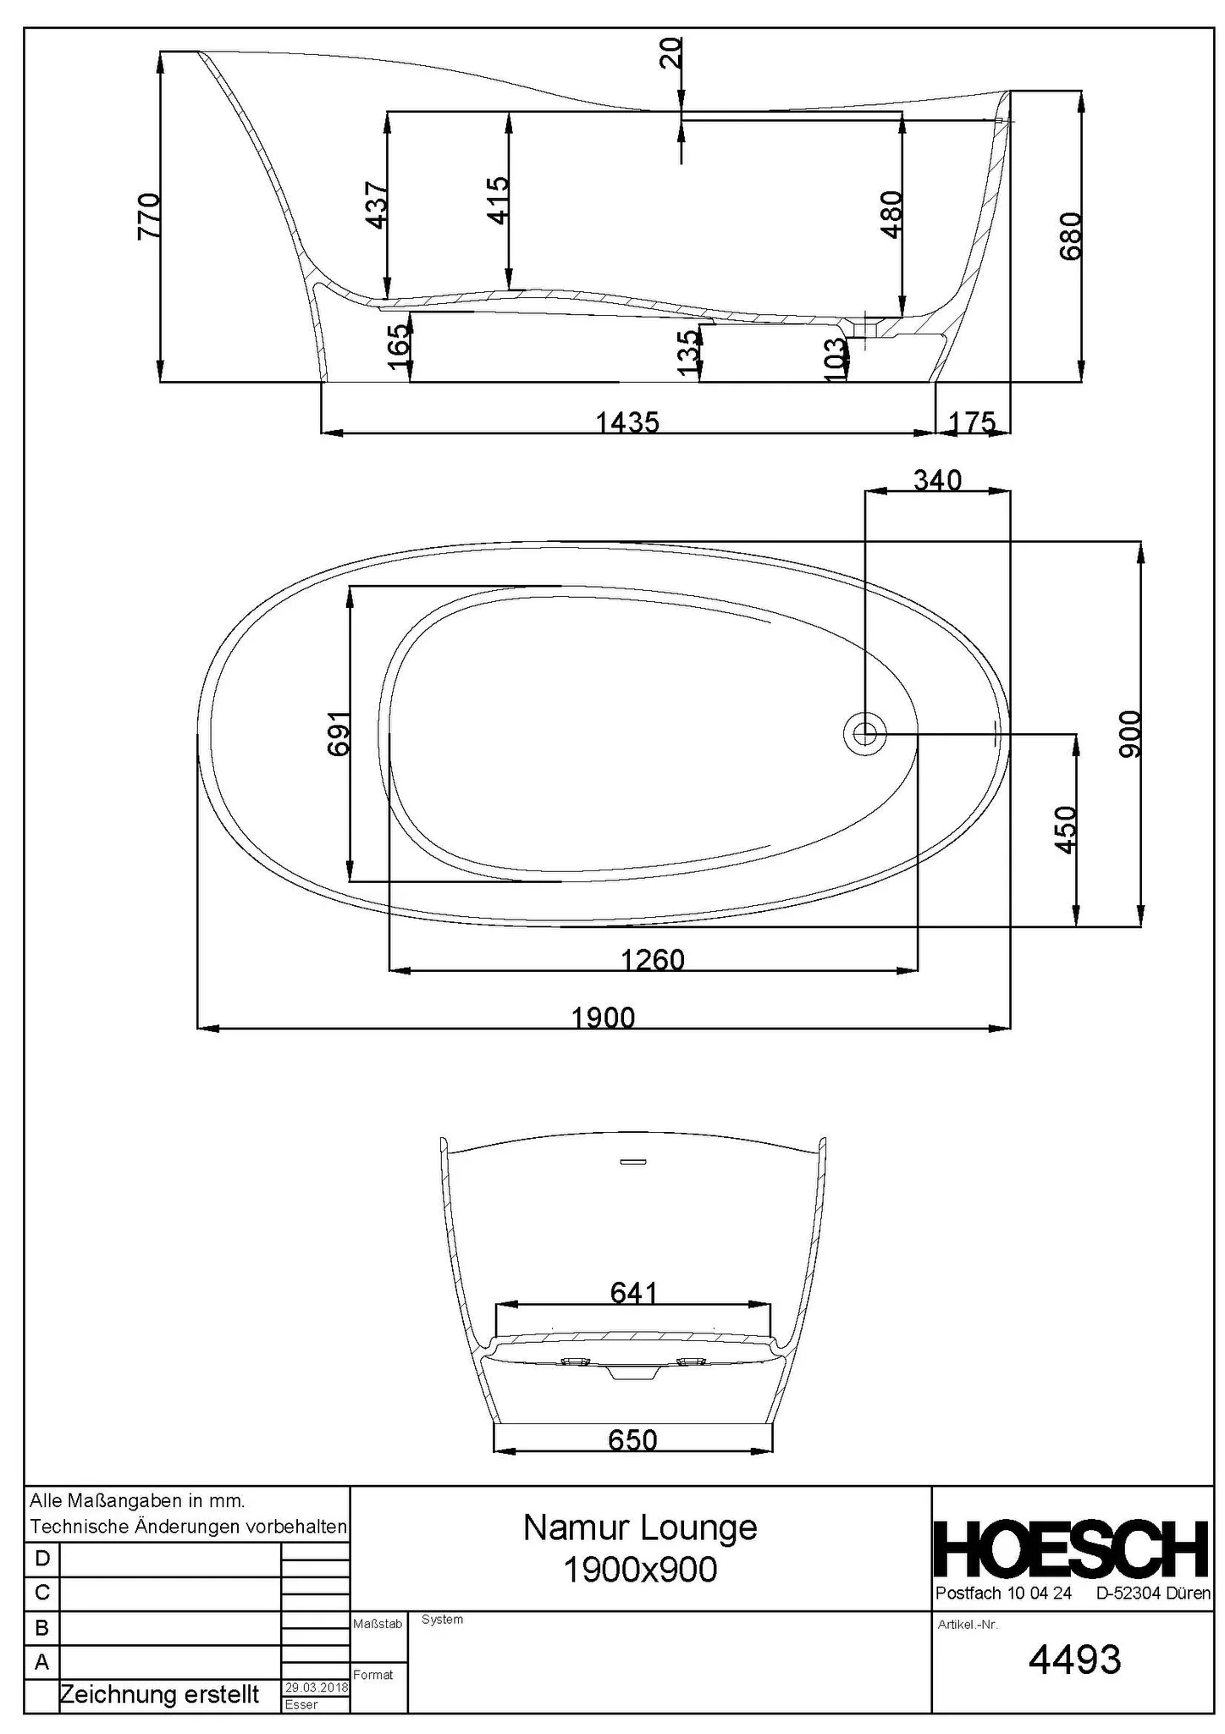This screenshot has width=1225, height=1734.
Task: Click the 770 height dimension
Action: coord(148,216)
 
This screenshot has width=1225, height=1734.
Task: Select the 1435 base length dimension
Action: coord(627,422)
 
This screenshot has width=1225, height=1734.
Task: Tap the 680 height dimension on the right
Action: coord(1071,235)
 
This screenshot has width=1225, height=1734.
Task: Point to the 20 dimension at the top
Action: coord(671,54)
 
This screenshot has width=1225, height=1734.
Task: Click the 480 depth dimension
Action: coord(892,214)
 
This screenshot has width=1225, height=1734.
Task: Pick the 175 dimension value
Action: coord(972,422)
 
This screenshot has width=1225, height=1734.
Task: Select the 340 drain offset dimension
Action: coord(937,480)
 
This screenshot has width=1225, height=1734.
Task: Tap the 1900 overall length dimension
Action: coord(603,1017)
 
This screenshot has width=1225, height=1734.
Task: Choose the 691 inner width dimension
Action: coord(339,733)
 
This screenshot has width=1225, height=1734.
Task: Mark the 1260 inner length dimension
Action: coord(652,959)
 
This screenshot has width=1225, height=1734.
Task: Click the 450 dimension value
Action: coord(1066,830)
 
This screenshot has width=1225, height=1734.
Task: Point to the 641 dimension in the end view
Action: coord(633,1292)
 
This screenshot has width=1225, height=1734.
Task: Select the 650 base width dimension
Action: coord(632,1439)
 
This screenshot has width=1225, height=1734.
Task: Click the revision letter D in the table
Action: coord(41,1559)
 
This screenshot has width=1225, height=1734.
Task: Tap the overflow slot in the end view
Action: coord(632,1161)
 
